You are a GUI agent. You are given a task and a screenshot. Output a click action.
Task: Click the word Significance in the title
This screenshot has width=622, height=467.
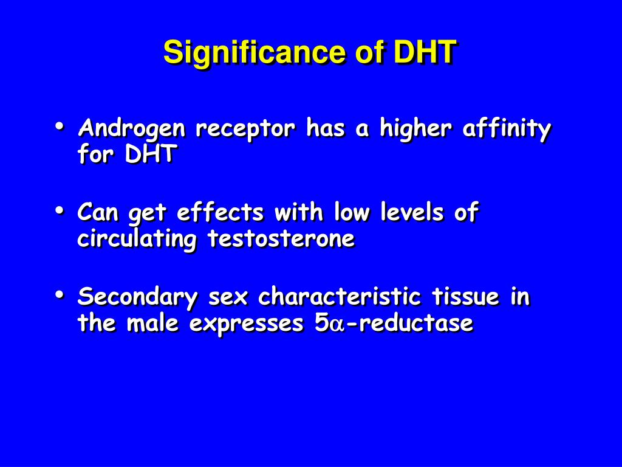pos(255,54)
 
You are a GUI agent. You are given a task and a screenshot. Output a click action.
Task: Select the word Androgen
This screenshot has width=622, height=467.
pos(132,130)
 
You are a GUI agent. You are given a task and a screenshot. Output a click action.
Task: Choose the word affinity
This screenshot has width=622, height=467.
pos(507,129)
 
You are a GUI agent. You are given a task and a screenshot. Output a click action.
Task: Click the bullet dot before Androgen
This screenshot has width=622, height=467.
pos(60,126)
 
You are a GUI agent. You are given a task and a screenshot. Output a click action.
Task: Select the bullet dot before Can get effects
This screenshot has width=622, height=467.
pos(60,210)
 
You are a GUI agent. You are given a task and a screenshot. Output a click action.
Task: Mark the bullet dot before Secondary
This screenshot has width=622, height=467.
pos(60,295)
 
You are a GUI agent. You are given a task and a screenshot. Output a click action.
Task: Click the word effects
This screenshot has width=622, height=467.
pos(220,212)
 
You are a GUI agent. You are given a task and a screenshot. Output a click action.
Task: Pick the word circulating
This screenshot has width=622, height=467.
pos(137,239)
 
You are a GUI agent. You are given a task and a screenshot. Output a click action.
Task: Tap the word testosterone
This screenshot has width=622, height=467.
pos(281,238)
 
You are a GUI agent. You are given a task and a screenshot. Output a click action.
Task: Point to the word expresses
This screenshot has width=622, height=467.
pos(247,323)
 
